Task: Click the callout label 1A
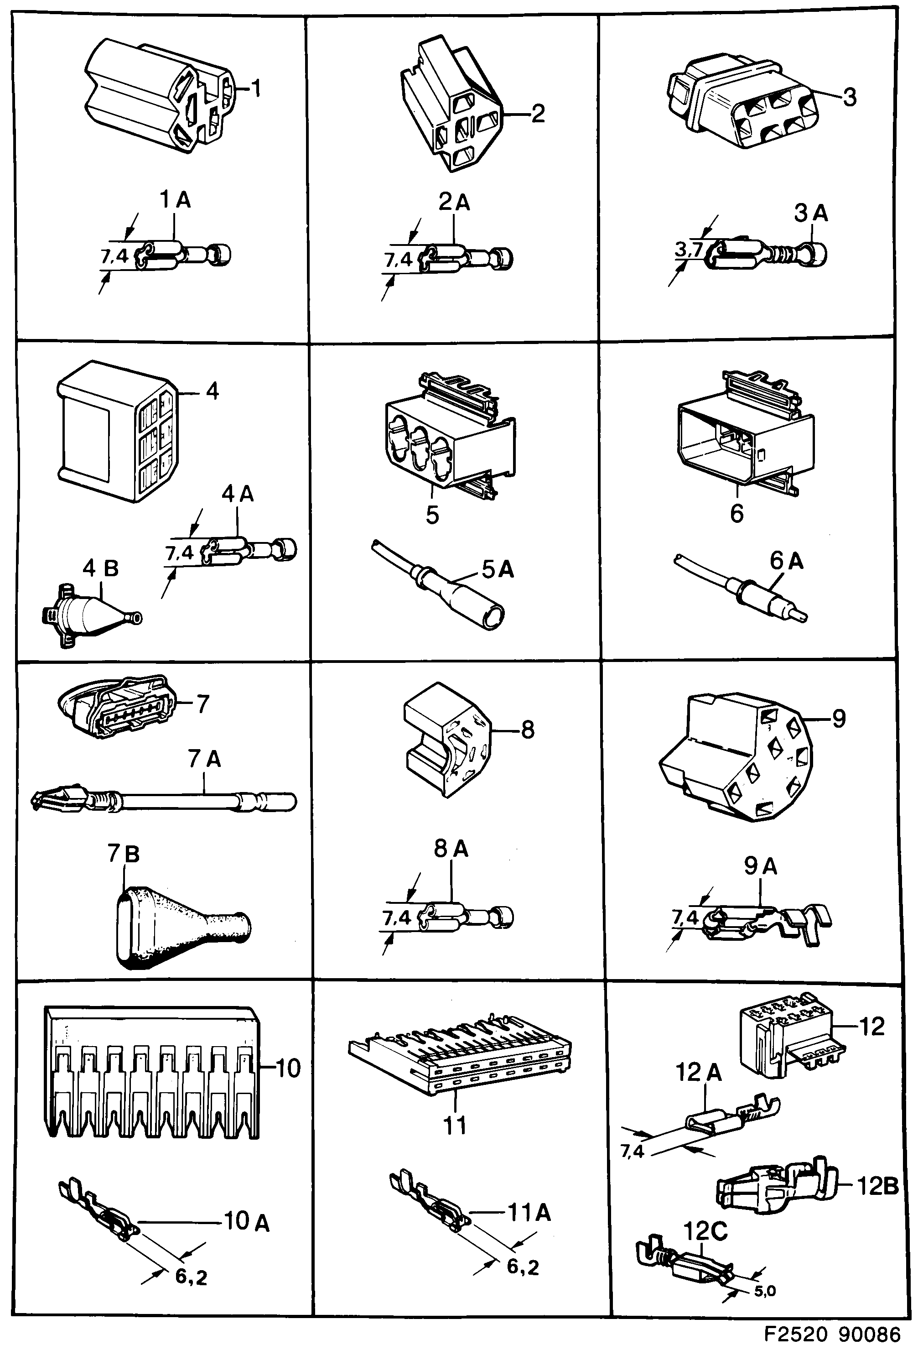(175, 200)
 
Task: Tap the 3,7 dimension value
(689, 250)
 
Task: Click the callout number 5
(432, 514)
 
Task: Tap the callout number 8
(527, 729)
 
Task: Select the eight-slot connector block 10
(151, 1072)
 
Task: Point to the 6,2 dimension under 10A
(191, 1277)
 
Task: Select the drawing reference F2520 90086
(831, 1334)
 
